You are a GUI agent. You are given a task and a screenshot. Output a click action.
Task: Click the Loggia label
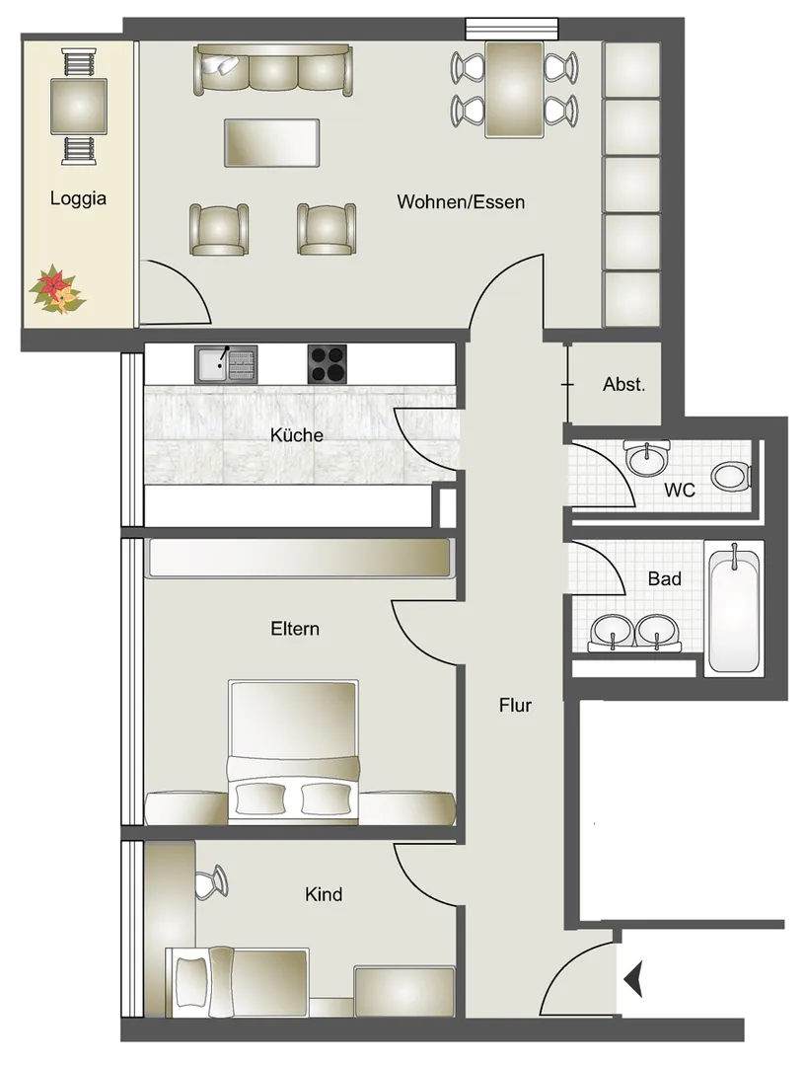point(78,198)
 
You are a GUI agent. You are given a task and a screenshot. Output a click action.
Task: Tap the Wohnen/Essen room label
point(461,202)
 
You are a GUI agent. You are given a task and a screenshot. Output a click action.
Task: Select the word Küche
point(296,435)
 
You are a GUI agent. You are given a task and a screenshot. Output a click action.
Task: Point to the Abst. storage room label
point(623,385)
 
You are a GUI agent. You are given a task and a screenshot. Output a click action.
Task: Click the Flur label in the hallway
point(515,706)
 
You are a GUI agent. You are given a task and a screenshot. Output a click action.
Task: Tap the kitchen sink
point(226,364)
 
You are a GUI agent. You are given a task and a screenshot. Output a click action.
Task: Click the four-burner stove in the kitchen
point(327,364)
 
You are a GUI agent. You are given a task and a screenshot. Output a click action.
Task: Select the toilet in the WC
point(732,476)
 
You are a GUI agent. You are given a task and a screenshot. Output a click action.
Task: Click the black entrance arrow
point(634,980)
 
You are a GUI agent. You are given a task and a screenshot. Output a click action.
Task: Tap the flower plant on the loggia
point(56,289)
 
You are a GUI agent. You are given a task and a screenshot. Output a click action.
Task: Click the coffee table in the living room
point(272,143)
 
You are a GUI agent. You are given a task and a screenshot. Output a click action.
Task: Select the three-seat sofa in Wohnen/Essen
point(273,69)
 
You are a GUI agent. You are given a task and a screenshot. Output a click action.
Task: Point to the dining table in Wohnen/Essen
point(514,89)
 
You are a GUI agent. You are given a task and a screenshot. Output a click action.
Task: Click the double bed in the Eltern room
point(294,751)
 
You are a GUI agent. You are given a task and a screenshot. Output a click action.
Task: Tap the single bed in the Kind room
point(237,982)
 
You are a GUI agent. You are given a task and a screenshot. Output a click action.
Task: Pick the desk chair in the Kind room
point(211,882)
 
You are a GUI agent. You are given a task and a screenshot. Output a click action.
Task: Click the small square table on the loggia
point(79,106)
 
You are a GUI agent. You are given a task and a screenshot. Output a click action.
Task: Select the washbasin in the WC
point(647,458)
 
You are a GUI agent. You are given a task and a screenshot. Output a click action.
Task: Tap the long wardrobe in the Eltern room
point(300,558)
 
